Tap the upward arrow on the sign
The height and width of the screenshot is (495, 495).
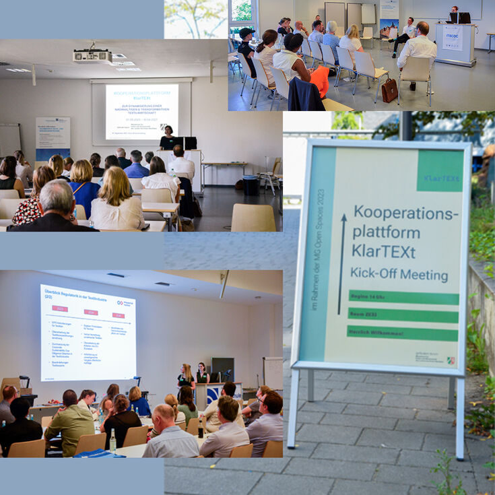tap(342, 263)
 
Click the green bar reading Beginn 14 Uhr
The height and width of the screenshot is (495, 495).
tap(403, 297)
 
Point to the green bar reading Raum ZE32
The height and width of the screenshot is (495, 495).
tap(403, 315)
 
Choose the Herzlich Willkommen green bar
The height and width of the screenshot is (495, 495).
tap(402, 332)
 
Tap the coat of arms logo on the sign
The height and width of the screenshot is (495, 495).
tap(451, 360)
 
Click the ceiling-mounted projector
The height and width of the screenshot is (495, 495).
tap(92, 56)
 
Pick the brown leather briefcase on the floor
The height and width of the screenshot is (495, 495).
tap(389, 90)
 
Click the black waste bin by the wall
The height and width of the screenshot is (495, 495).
tap(251, 185)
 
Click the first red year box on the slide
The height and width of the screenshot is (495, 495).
tap(59, 309)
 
